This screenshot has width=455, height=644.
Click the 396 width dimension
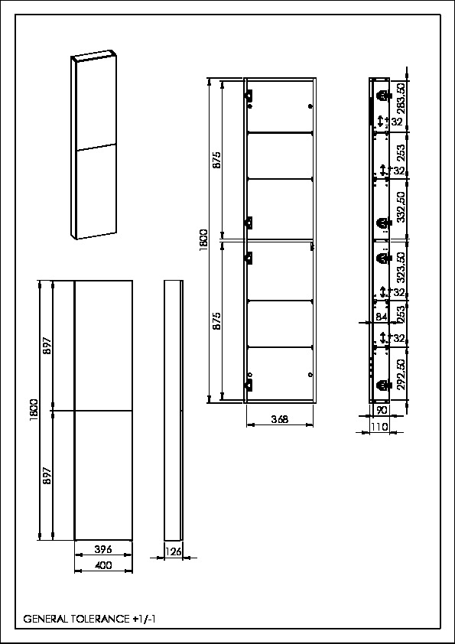tap(103, 549)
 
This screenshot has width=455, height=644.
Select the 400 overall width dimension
tap(103, 565)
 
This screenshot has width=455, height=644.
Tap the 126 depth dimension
tap(174, 551)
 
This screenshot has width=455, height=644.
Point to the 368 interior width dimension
tap(280, 419)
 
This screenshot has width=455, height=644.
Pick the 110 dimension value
tap(379, 427)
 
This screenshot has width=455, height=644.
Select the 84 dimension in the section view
tap(382, 317)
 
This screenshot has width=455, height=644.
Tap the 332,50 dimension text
tap(401, 207)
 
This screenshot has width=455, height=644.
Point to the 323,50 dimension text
tap(401, 268)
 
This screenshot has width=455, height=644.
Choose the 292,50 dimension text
tap(401, 374)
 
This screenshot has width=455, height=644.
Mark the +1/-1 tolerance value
tap(144, 620)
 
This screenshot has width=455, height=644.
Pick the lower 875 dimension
tap(218, 320)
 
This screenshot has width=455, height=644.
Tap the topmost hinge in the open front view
tap(249, 96)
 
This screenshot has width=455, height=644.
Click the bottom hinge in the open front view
tap(249, 385)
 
